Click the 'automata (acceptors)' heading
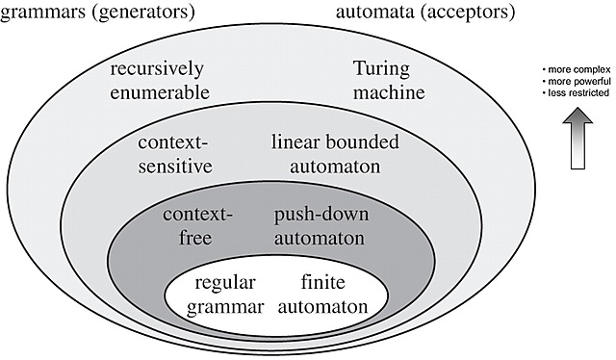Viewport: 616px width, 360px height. tap(426, 13)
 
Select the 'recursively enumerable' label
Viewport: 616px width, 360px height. tap(157, 81)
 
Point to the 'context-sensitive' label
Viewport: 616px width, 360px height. tap(173, 154)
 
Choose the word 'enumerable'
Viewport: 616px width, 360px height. tap(157, 92)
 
